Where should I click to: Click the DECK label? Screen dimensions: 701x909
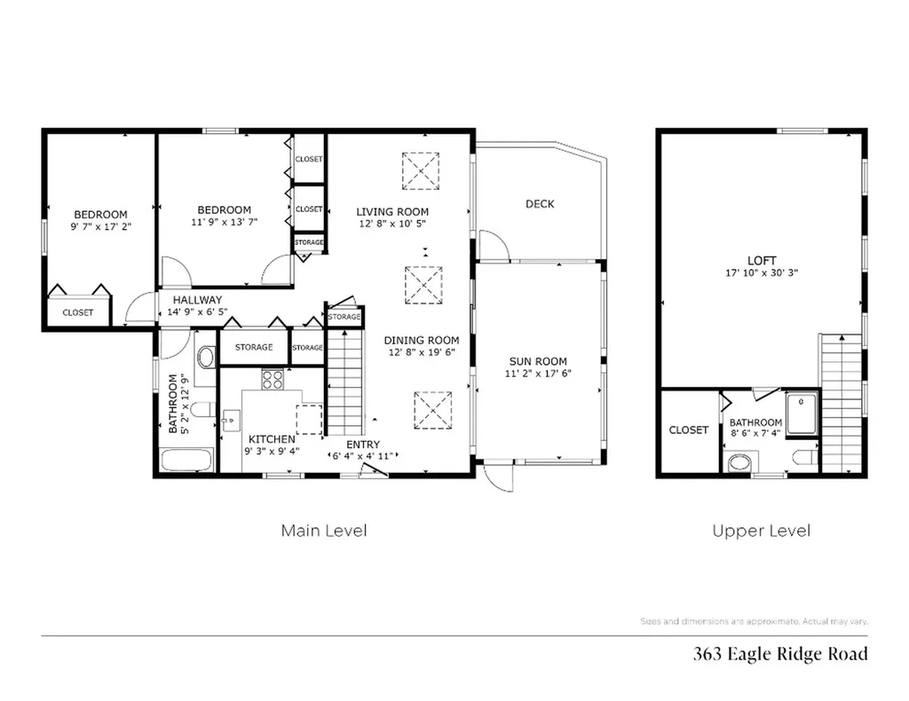pyautogui.click(x=539, y=204)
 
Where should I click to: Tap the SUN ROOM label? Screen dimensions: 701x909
pyautogui.click(x=538, y=361)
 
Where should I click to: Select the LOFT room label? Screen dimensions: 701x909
pyautogui.click(x=761, y=260)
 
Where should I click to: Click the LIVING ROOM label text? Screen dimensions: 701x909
pyautogui.click(x=392, y=212)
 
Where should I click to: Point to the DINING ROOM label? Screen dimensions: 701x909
pyautogui.click(x=422, y=340)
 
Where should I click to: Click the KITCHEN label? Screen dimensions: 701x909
pyautogui.click(x=272, y=439)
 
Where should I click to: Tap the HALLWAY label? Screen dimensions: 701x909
pyautogui.click(x=197, y=300)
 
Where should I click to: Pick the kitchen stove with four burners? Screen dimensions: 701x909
pyautogui.click(x=272, y=380)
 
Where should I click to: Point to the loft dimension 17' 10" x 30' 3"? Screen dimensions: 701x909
pyautogui.click(x=761, y=273)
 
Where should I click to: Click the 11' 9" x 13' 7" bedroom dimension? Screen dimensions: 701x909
pyautogui.click(x=224, y=223)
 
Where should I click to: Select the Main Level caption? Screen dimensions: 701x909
pyautogui.click(x=324, y=531)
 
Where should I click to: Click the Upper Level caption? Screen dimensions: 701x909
pyautogui.click(x=761, y=531)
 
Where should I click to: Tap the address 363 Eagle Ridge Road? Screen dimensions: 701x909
pyautogui.click(x=779, y=655)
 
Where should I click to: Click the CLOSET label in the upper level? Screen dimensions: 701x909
pyautogui.click(x=688, y=430)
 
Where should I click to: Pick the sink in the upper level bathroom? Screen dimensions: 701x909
pyautogui.click(x=739, y=461)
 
